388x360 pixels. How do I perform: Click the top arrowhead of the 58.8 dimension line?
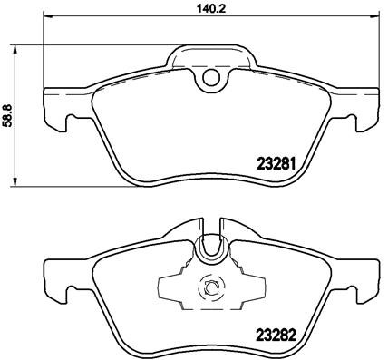click(x=19, y=46)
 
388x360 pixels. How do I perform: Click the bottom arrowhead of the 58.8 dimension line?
click(x=19, y=183)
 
